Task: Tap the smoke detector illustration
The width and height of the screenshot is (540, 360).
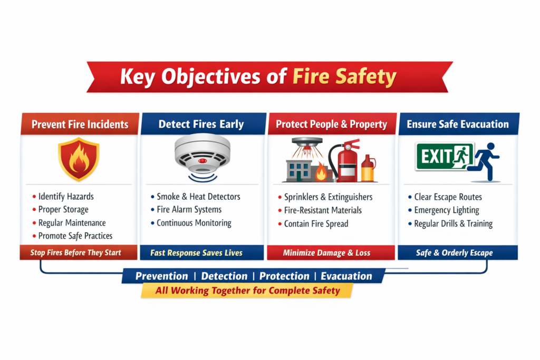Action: pos(202,153)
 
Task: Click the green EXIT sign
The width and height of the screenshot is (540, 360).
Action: pos(445,156)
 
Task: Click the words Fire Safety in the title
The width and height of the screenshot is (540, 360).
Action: pos(344,77)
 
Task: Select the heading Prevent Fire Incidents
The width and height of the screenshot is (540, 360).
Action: pos(80,125)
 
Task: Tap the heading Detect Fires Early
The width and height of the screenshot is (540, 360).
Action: pos(201,125)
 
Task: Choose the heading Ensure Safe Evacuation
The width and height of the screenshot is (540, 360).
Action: pos(458,125)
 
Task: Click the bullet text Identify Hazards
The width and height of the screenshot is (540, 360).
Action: pos(66,197)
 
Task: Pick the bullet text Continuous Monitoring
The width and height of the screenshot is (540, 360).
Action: pos(194,223)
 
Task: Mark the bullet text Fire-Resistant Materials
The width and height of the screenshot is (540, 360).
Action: pos(323,210)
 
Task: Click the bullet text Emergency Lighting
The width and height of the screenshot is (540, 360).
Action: pos(447,210)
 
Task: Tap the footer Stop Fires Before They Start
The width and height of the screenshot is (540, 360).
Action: pos(75,252)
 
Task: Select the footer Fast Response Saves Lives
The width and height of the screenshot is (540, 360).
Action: pos(196,253)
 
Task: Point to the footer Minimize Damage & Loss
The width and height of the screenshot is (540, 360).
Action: pos(326,253)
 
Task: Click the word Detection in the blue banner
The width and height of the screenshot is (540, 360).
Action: pos(224,276)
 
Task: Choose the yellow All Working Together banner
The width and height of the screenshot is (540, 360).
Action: pos(247,290)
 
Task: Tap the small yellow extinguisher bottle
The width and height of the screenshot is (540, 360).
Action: pos(368,169)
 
